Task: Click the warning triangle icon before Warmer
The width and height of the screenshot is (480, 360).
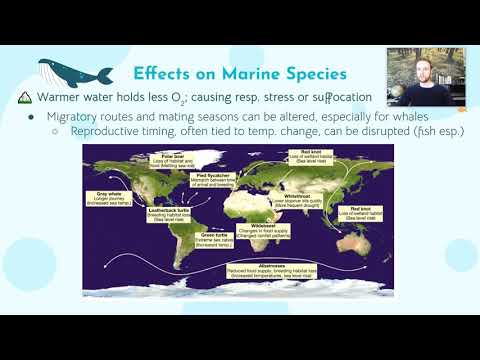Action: point(27,98)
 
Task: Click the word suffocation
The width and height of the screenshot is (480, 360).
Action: point(337,98)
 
